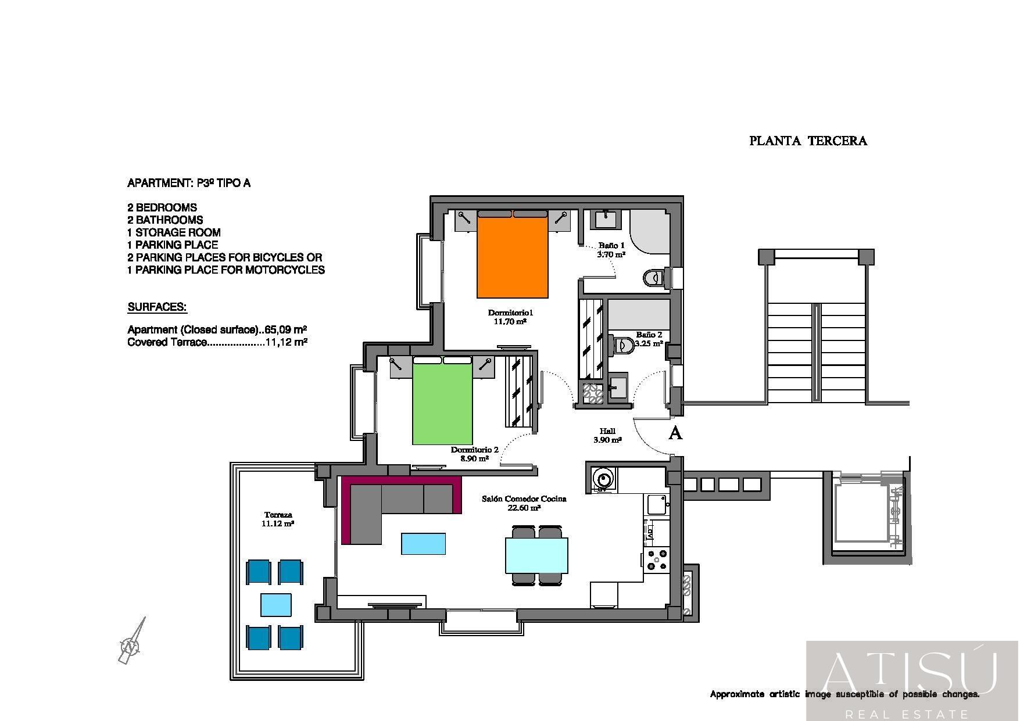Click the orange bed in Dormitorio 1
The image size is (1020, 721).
click(x=513, y=254)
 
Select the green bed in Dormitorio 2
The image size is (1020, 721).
click(x=442, y=401)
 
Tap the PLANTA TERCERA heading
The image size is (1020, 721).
click(x=808, y=141)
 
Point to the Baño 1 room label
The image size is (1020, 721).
click(x=611, y=246)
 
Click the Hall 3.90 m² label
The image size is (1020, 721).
click(x=607, y=436)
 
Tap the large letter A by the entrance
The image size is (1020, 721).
click(x=675, y=433)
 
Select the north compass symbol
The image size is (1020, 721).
click(x=132, y=641)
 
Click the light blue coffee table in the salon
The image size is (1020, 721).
click(x=424, y=544)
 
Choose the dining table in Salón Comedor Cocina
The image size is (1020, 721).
click(x=536, y=555)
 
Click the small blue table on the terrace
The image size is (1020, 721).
click(x=276, y=605)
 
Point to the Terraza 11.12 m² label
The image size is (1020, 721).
click(x=278, y=519)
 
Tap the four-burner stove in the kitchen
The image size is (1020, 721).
click(x=657, y=559)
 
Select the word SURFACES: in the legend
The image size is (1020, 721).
click(x=157, y=307)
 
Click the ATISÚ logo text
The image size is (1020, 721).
click(x=910, y=673)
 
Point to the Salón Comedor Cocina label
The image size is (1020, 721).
click(x=524, y=498)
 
